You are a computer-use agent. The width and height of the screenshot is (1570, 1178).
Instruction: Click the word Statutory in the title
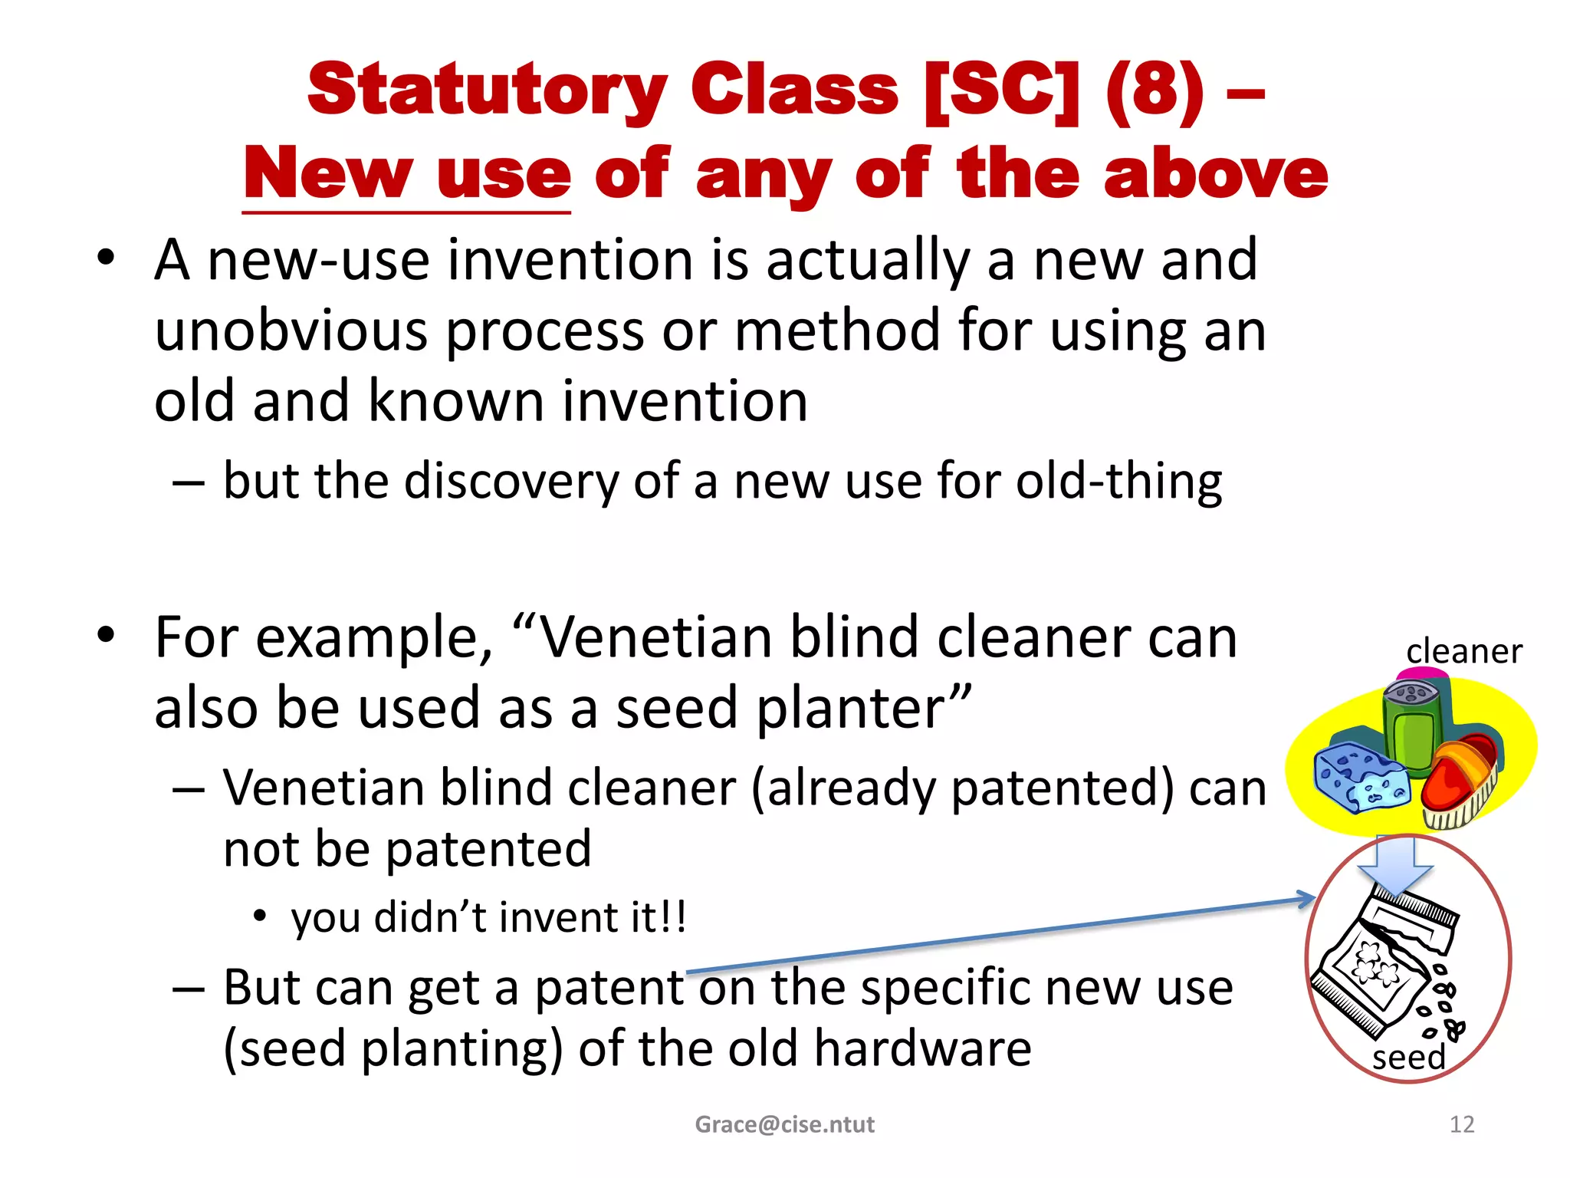[488, 90]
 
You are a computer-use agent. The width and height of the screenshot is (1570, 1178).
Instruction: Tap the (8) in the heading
[1155, 90]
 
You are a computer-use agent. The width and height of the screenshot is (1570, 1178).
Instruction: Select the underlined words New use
[407, 175]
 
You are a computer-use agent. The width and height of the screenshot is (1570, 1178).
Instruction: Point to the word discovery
[511, 482]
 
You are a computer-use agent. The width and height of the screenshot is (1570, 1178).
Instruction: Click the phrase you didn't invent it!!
[488, 917]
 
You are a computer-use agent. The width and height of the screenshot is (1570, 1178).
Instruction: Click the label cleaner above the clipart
[1463, 652]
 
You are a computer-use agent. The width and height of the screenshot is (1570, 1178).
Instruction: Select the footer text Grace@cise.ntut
[784, 1124]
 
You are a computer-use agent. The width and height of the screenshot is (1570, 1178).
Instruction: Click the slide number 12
[1462, 1124]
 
